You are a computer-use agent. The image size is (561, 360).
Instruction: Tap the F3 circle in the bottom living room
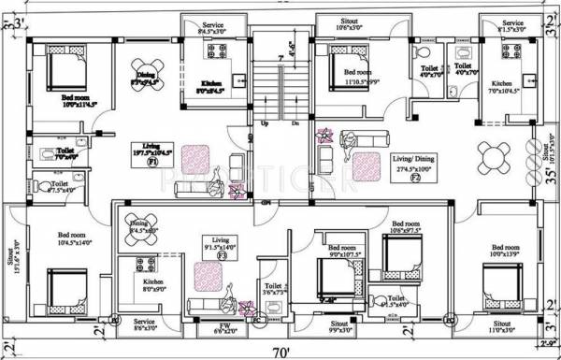[222, 254]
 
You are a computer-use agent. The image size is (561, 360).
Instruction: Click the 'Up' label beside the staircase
[265, 122]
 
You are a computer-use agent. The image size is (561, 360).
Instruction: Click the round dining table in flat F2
[492, 153]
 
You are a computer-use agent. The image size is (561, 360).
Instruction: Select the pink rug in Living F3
[205, 277]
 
